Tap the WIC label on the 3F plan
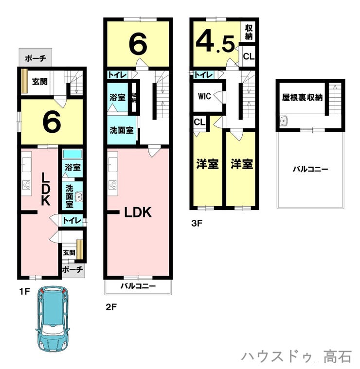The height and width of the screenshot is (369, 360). [204, 96]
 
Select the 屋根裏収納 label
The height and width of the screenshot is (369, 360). [302, 97]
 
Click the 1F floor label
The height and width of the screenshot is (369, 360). [25, 292]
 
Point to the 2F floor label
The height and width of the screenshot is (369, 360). [111, 307]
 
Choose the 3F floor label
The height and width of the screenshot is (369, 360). [197, 223]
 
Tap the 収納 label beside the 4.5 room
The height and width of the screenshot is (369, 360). [249, 32]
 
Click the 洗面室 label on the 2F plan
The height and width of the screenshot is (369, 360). [122, 130]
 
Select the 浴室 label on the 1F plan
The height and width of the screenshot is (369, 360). [73, 167]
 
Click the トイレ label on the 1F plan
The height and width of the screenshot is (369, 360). [72, 221]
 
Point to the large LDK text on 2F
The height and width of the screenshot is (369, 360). [138, 212]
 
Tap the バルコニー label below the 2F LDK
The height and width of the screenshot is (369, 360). [138, 286]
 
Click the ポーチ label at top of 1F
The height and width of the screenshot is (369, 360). [36, 58]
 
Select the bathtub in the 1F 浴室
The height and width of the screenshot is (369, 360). [72, 154]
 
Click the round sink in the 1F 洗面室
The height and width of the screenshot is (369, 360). [78, 196]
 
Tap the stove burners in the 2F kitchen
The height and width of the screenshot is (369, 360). [113, 185]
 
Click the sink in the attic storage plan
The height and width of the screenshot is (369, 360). [284, 121]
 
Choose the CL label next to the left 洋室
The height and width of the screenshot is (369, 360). [199, 122]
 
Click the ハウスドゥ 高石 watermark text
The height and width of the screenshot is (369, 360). [297, 356]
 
